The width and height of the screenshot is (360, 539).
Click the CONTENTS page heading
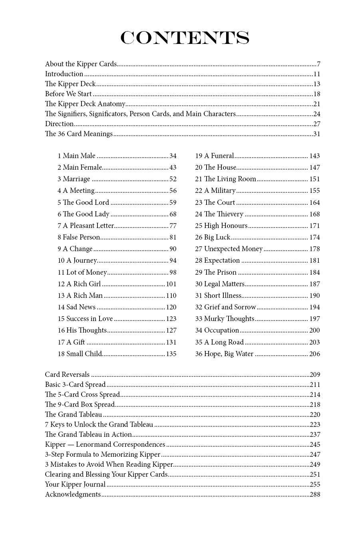185,38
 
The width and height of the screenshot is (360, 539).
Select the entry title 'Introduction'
64,74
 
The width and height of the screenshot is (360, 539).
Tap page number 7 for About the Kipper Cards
318,64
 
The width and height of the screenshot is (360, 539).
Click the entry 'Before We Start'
68,94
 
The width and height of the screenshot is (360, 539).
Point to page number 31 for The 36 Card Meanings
316,134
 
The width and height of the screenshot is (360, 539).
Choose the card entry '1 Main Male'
76,156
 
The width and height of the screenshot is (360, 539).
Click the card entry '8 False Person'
79,237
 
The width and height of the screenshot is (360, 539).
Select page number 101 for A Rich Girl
171,284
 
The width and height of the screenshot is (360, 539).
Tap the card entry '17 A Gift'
71,342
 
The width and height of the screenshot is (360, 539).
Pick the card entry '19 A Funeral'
215,156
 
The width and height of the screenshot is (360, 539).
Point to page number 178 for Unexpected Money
314,249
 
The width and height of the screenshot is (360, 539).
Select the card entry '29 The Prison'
216,272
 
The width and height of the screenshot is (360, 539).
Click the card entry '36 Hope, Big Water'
224,354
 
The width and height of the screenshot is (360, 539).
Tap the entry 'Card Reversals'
67,375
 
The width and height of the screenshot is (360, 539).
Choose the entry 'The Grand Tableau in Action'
88,434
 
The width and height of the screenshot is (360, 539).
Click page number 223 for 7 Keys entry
315,424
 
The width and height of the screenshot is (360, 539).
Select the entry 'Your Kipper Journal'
75,484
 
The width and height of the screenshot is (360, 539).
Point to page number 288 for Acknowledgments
315,494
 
